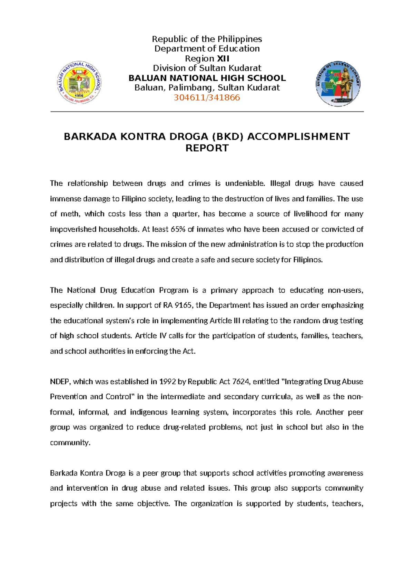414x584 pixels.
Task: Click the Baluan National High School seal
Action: [79, 83]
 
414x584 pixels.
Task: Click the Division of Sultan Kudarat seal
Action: [338, 84]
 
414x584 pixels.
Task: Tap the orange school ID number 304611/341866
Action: [207, 97]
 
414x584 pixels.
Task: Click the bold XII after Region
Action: [223, 59]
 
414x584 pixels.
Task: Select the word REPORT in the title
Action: [207, 148]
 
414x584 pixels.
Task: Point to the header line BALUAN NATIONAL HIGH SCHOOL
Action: [207, 78]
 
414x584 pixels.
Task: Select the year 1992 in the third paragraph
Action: [167, 382]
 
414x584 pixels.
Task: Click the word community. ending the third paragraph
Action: [70, 443]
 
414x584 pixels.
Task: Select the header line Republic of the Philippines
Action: [207, 39]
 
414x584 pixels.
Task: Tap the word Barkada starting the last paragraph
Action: [64, 473]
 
